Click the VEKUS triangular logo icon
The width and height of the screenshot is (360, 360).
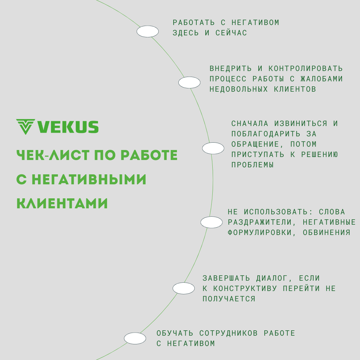coord(25,127)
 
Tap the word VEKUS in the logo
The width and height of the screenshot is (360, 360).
coord(68,127)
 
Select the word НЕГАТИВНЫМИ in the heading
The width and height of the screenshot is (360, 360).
coord(89,180)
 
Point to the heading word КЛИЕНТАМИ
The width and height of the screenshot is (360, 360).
coord(62,204)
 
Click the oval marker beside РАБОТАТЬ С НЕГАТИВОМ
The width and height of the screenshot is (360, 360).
coord(148,31)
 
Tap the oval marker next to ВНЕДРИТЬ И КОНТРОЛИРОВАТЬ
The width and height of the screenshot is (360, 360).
coord(189,82)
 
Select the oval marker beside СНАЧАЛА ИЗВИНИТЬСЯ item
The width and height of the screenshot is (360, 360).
coord(213,148)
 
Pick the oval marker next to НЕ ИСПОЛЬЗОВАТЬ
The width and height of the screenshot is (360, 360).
coord(211,222)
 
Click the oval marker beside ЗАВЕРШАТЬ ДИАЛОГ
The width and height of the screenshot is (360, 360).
coord(184,288)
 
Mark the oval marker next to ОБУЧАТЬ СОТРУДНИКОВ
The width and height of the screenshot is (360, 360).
coord(135,338)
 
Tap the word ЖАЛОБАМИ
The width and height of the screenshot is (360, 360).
coord(322,79)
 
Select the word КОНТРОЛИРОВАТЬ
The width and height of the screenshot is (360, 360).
coord(306,69)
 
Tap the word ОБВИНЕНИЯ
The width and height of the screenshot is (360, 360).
coord(326,233)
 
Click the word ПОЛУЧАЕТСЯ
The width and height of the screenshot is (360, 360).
coord(229,299)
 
